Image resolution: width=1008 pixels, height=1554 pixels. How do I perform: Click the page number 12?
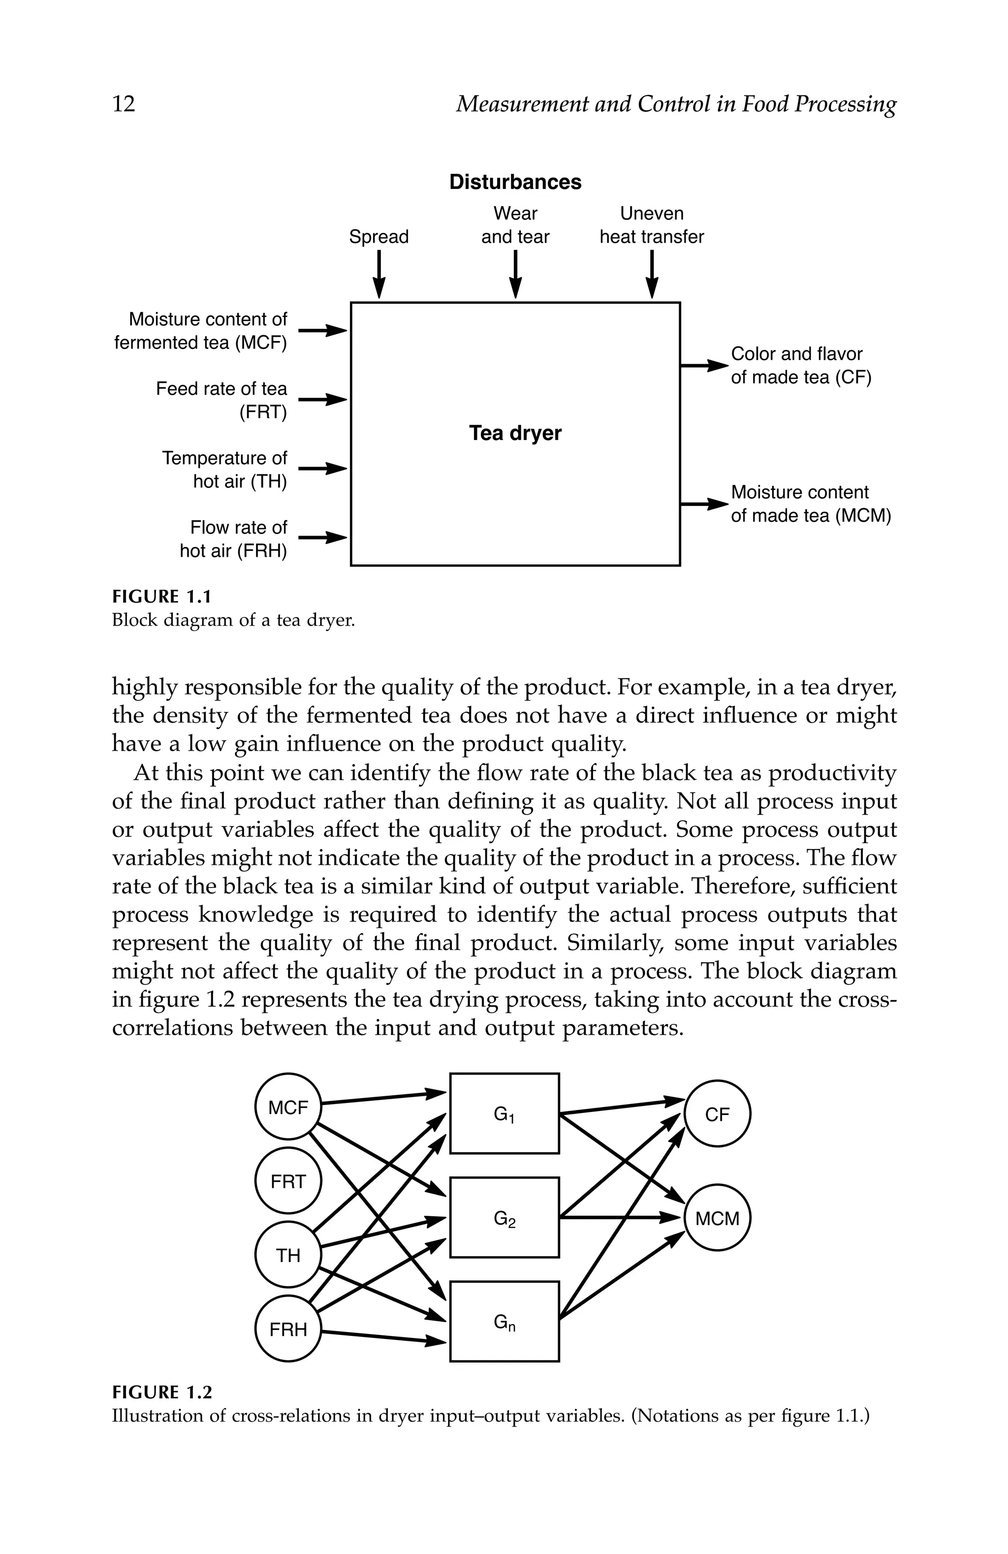pos(124,104)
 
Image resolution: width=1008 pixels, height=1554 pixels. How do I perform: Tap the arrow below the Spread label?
pos(378,275)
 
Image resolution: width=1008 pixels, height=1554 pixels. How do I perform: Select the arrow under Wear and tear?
pos(515,275)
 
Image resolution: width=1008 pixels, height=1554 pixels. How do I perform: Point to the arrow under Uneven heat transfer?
pos(651,275)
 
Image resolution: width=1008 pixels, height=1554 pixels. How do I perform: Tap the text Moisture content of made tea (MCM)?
pos(810,504)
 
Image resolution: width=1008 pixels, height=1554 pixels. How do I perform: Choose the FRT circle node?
pos(288,1181)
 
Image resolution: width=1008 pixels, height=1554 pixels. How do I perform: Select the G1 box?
pos(504,1113)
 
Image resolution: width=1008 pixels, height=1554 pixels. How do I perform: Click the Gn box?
pos(504,1322)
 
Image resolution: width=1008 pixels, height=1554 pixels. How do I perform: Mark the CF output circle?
pos(717,1114)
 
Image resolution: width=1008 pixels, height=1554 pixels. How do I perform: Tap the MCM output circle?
pos(717,1218)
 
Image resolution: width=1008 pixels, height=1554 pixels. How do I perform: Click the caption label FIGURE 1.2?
pos(162,1394)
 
